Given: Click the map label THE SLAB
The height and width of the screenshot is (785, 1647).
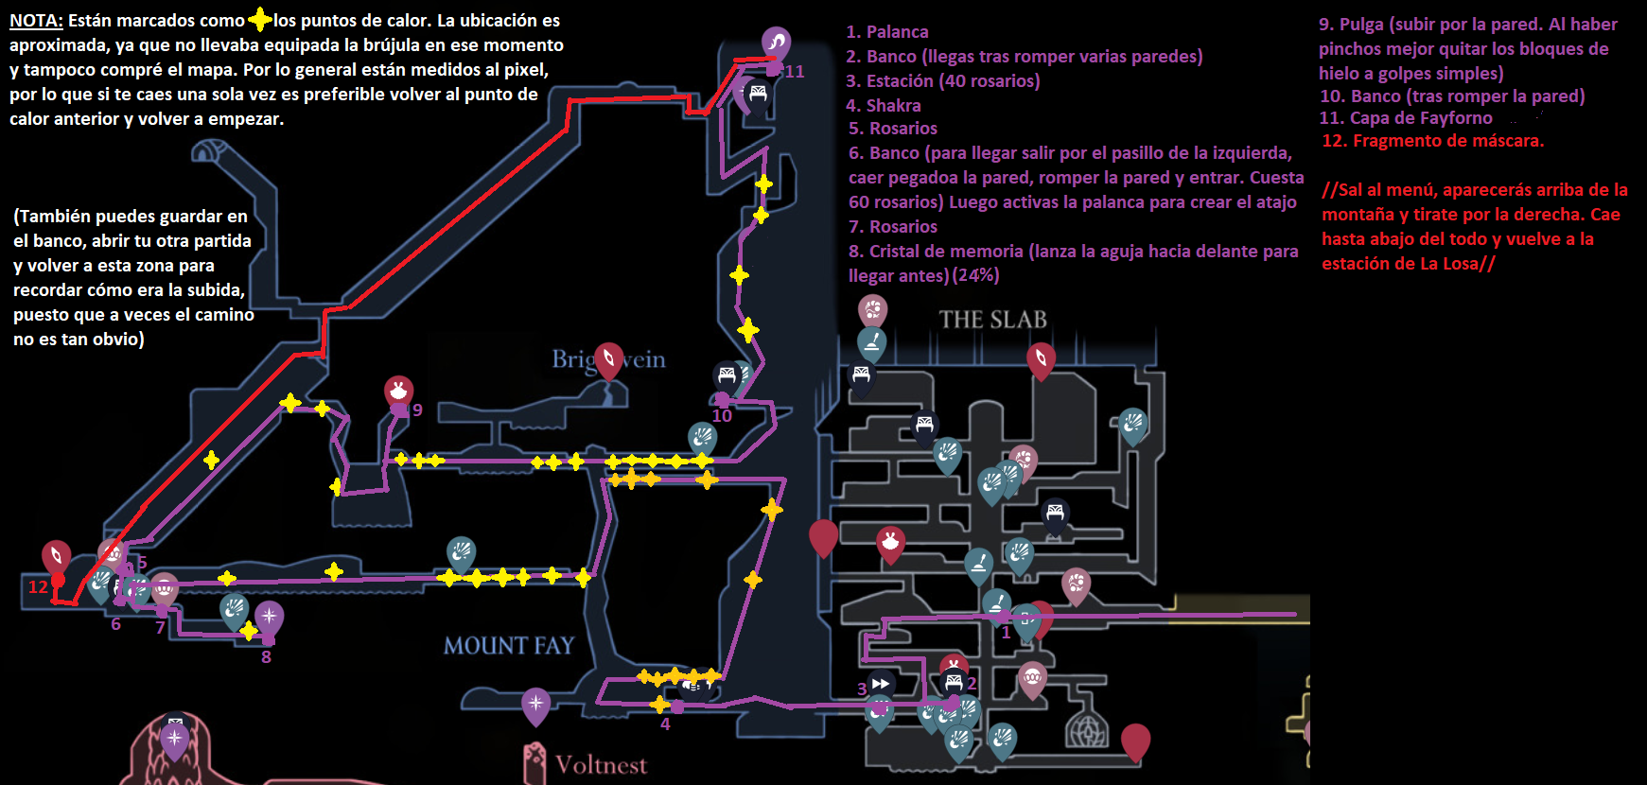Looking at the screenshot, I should coord(992,320).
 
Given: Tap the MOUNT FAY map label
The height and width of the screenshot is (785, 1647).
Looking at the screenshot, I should coord(509,646).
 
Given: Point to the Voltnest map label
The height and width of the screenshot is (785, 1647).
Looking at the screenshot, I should coord(601,764).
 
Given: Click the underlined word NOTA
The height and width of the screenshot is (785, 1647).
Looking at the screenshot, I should coord(36,21).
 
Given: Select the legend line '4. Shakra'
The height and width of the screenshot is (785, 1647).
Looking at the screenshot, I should coord(884,105).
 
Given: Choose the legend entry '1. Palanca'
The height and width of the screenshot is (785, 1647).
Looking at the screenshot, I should coord(887,32).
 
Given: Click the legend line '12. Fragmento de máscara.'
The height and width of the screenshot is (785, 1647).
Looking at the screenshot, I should coord(1432,141).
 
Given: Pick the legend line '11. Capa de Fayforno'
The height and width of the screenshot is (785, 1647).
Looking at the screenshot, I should coord(1406,118).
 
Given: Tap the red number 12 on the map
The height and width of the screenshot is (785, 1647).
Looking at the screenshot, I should coord(38,586).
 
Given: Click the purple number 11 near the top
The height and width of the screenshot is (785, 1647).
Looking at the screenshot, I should coord(795,72).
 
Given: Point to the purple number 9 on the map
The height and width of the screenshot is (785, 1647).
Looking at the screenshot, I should coord(417,410).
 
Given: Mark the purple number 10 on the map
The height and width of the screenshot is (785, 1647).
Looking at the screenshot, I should coord(722,416).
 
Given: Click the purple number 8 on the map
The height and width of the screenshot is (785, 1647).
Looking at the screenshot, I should coord(266,657).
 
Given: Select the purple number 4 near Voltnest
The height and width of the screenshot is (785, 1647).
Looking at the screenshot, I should coord(665,724).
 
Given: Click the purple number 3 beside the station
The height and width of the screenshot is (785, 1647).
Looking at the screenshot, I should coord(862,689).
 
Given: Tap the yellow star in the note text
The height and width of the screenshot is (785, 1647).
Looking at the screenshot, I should coord(259,20).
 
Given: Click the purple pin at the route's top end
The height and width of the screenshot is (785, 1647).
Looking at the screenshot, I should coord(776,42).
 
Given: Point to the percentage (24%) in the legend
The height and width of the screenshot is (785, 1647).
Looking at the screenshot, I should coord(975,275).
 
